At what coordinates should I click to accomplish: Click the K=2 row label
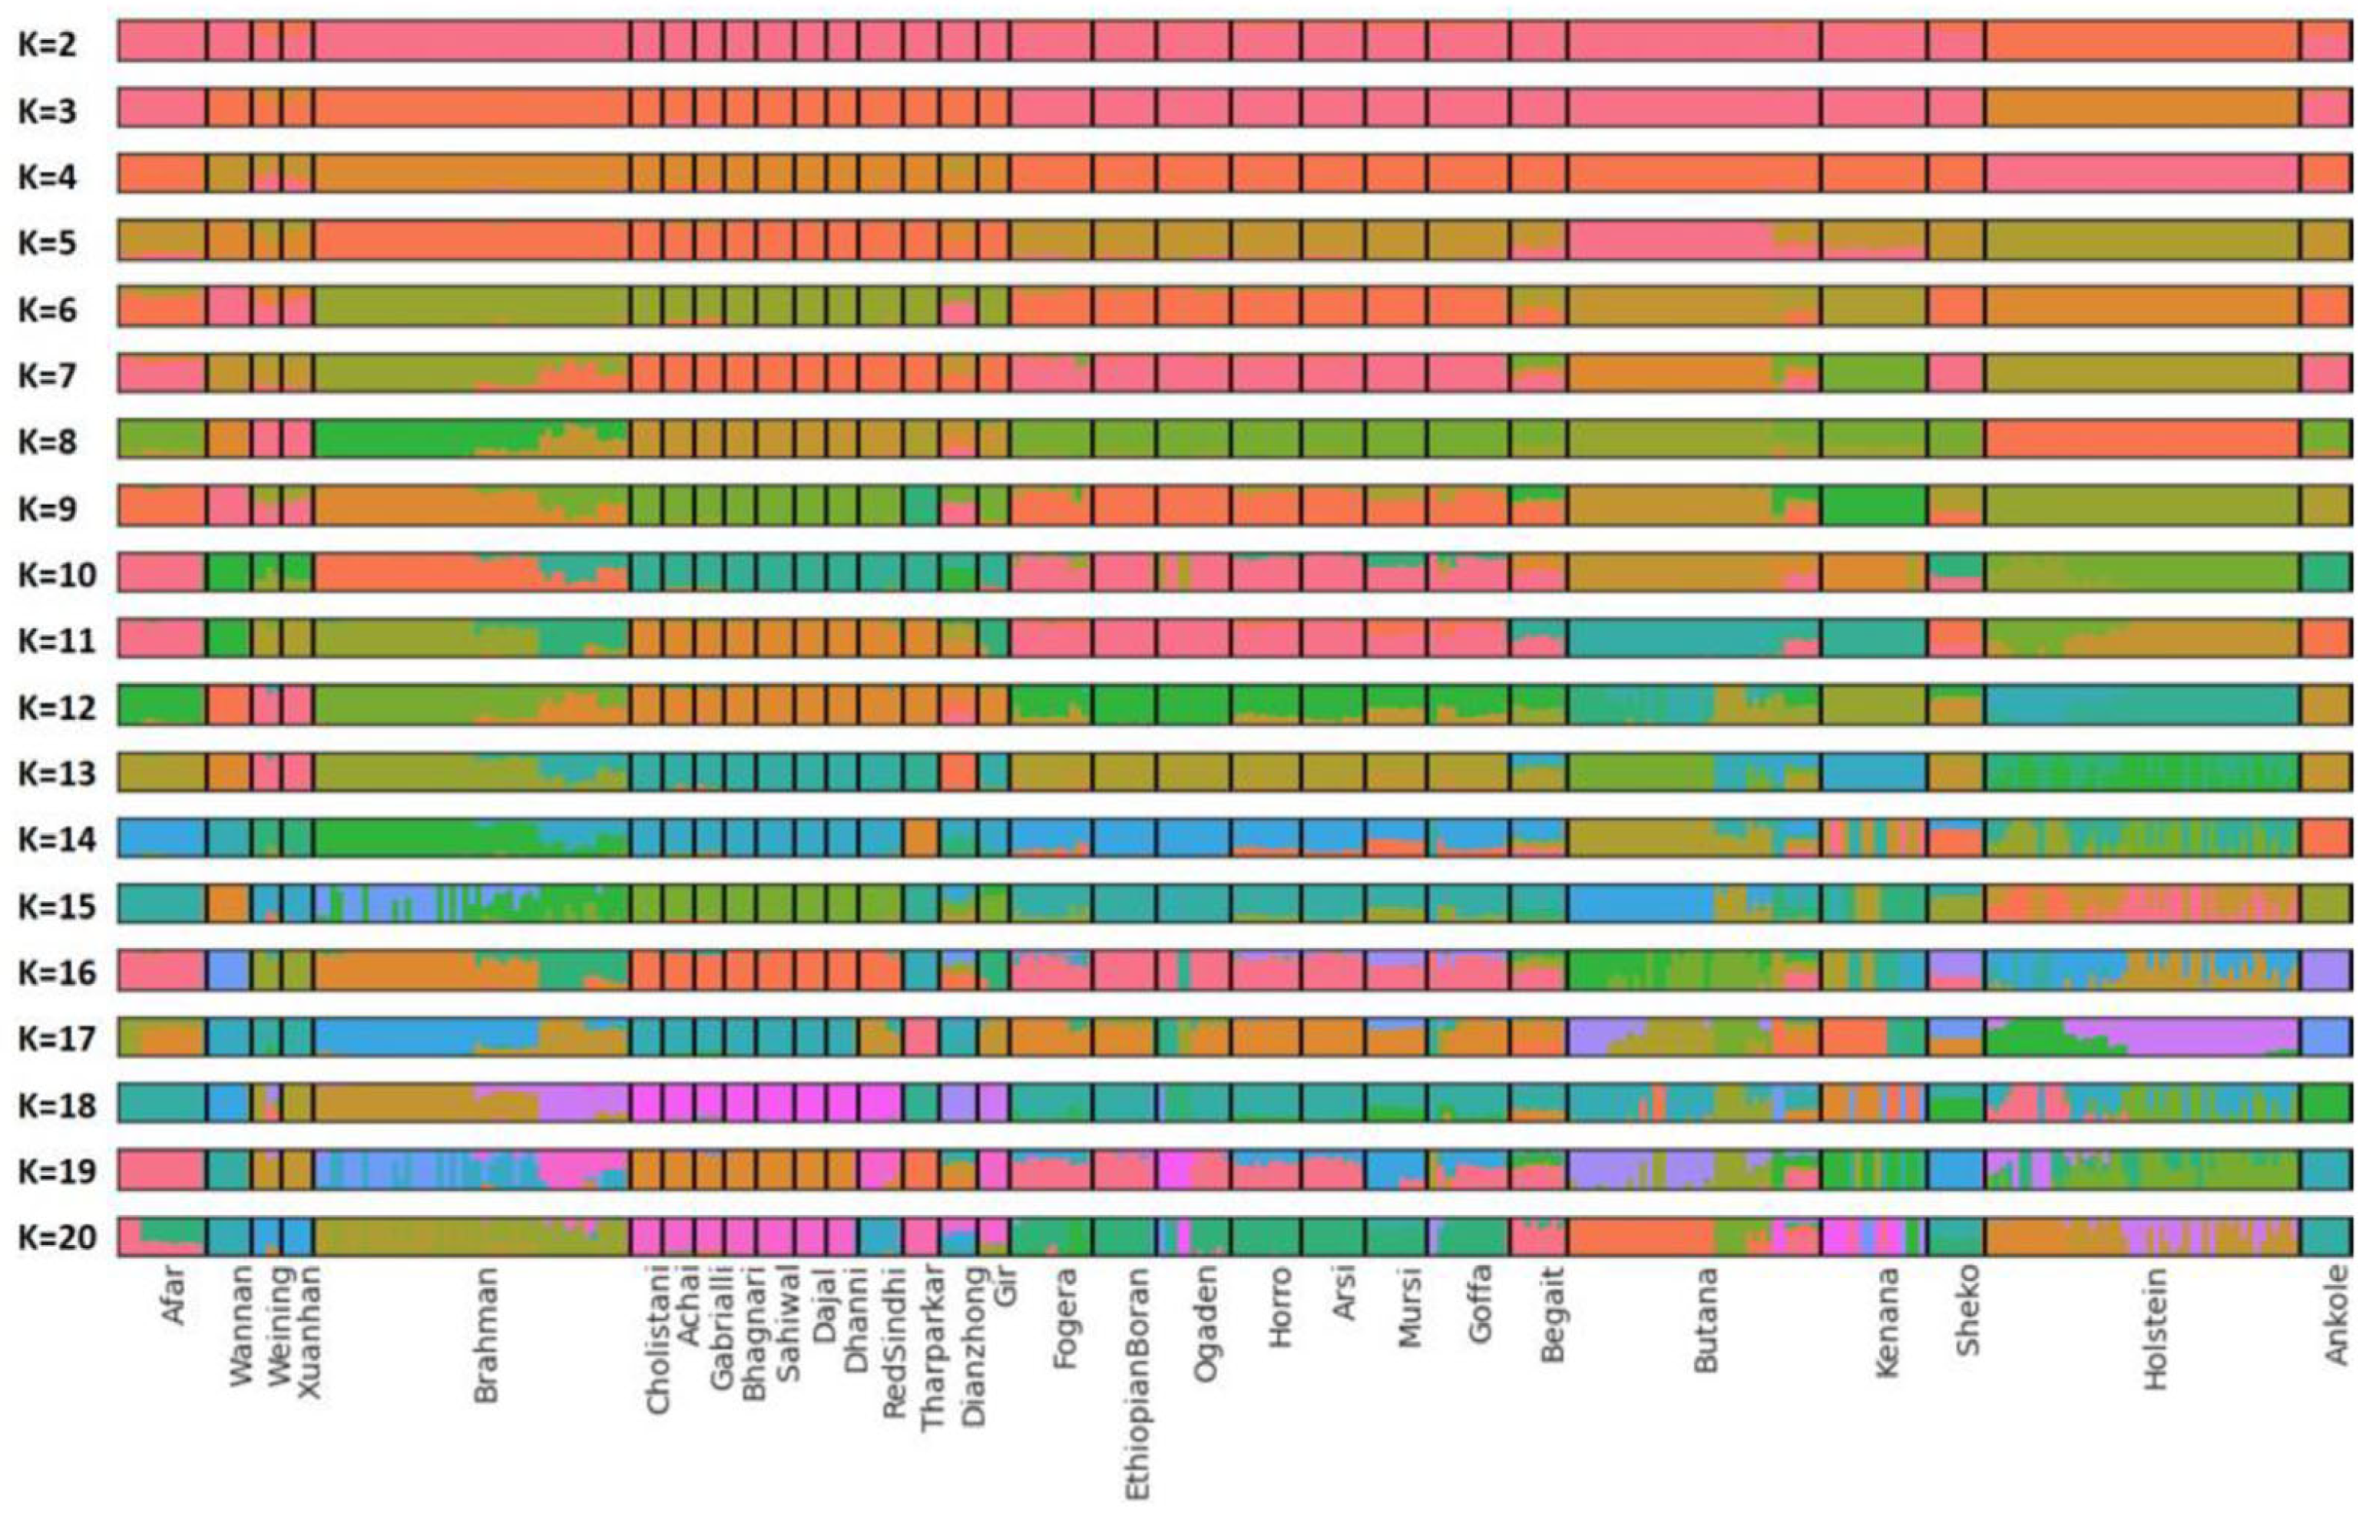pos(47,45)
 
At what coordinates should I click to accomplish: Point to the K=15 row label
pos(57,906)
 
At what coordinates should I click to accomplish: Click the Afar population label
pos(173,1297)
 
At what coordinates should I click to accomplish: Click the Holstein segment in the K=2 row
pos(2142,41)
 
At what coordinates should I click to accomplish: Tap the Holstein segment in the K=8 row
pos(2142,439)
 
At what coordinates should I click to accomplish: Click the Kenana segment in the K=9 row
pos(1873,506)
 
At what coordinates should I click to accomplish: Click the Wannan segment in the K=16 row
pos(228,971)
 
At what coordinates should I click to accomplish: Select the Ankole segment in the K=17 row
pos(2327,1038)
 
